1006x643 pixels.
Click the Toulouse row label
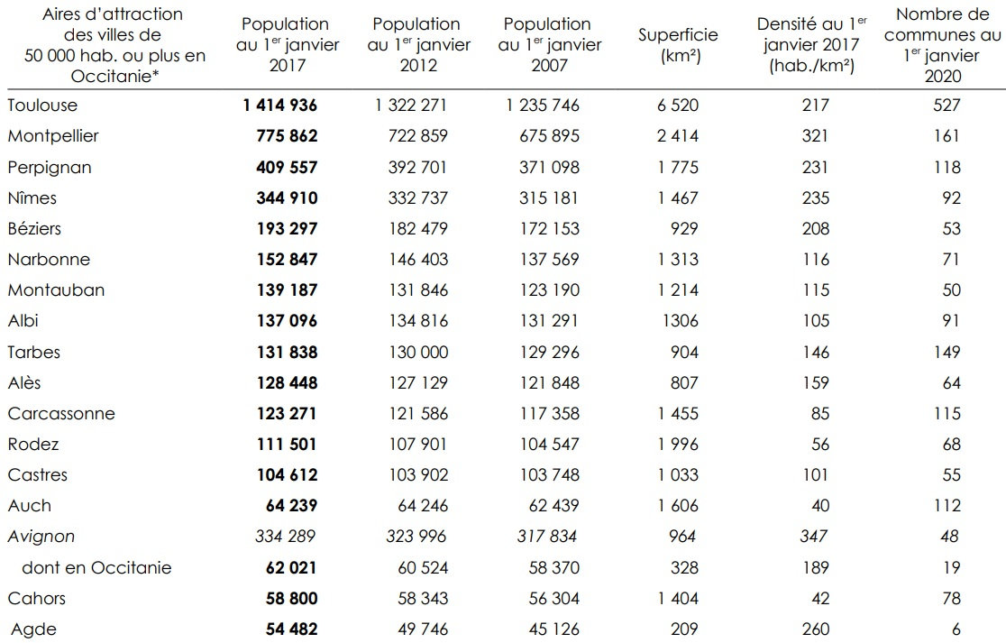[42, 106]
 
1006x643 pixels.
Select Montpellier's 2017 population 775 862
[280, 136]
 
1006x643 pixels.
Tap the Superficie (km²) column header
[678, 44]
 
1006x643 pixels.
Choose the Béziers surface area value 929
[682, 228]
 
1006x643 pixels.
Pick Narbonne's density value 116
[815, 259]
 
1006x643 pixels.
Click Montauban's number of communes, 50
[951, 290]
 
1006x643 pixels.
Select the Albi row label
[23, 321]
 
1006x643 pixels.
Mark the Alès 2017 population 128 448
[280, 382]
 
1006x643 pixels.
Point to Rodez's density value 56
[819, 444]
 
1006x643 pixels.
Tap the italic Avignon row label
[41, 537]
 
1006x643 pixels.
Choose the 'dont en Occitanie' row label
[96, 567]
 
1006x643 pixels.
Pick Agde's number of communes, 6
[956, 629]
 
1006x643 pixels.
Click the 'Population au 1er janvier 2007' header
[547, 44]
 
